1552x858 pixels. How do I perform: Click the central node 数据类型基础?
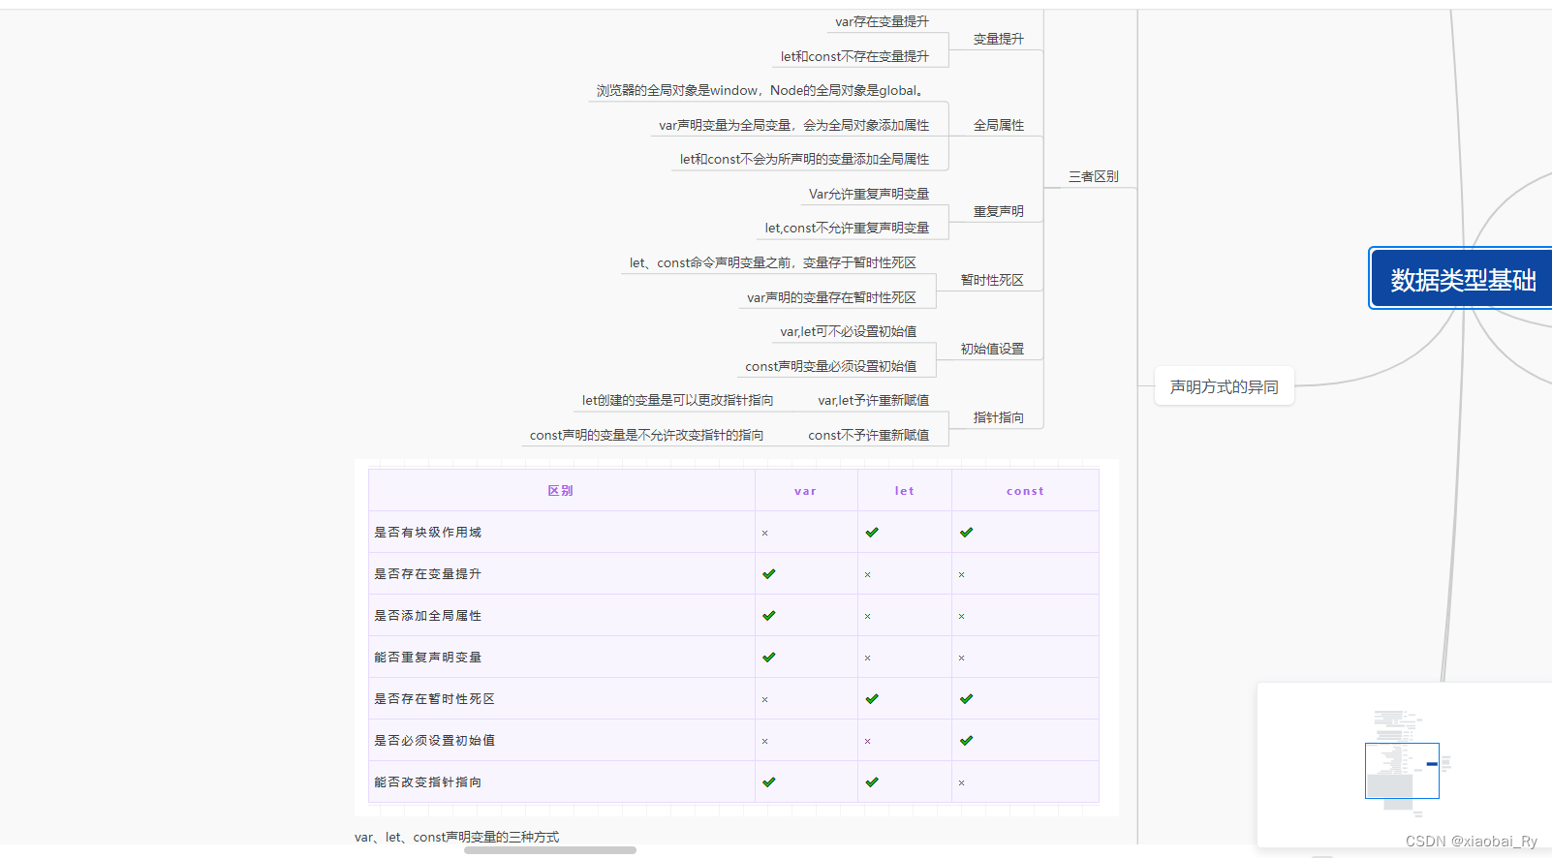(x=1462, y=280)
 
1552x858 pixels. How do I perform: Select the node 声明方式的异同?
(x=1224, y=386)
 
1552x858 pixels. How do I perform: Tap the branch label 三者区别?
(x=1093, y=176)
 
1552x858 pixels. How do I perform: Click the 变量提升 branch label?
(x=998, y=39)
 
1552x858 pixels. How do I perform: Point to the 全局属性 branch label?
(x=998, y=125)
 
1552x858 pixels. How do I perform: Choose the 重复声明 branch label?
(x=998, y=211)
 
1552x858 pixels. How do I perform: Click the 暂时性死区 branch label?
(x=991, y=280)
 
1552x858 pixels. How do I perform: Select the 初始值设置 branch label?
(x=991, y=349)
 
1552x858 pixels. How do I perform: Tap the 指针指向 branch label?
(x=998, y=417)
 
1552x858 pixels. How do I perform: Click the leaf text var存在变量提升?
(x=882, y=21)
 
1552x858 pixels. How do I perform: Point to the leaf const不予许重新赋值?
(x=868, y=435)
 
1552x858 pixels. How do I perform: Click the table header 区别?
(x=560, y=491)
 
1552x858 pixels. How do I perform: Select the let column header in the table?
(x=904, y=491)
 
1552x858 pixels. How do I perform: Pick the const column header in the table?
(x=1025, y=491)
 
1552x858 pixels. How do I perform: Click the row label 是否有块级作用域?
(x=427, y=533)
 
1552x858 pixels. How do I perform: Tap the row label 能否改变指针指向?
(x=427, y=782)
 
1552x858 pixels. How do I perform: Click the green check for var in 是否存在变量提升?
(x=769, y=574)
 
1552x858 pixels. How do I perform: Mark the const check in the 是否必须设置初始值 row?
(x=966, y=741)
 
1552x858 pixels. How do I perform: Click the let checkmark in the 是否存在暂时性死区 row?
(x=872, y=699)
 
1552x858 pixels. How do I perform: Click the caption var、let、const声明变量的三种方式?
(x=456, y=837)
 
